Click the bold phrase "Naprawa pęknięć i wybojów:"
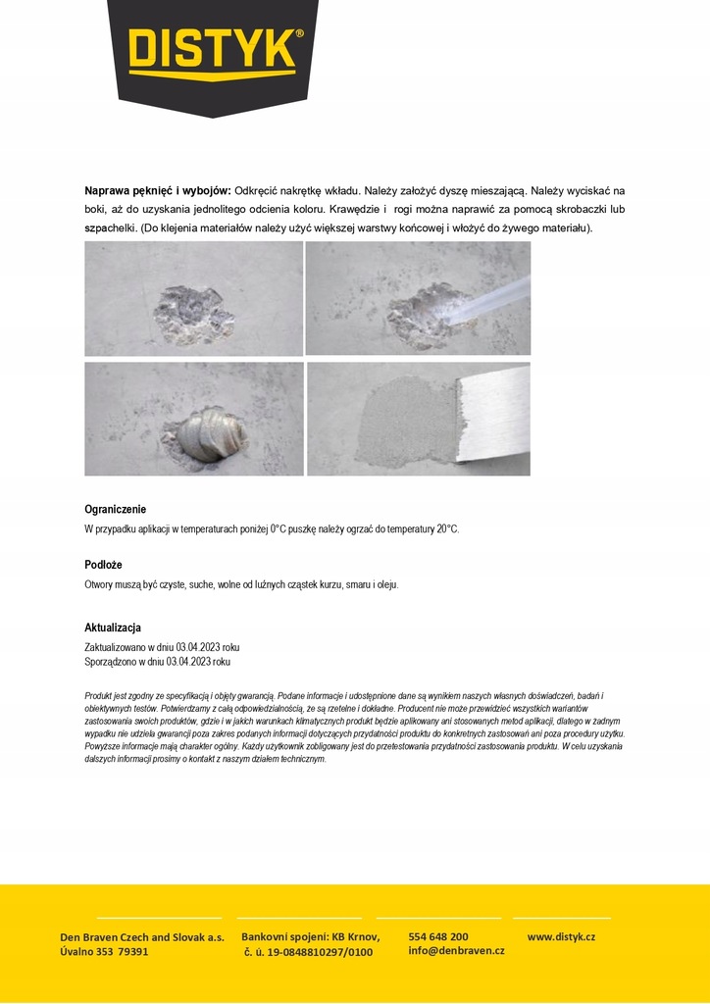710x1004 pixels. [x=158, y=190]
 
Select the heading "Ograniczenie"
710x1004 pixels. [x=116, y=509]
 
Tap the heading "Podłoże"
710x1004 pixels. [x=103, y=565]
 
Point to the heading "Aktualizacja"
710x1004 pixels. [x=113, y=627]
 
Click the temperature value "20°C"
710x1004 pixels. [x=447, y=529]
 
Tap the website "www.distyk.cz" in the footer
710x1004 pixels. [x=561, y=937]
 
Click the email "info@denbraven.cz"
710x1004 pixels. [x=456, y=951]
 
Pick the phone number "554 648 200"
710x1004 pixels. [x=438, y=937]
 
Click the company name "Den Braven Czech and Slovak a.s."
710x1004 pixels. [x=142, y=937]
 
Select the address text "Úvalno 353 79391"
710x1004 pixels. [x=105, y=952]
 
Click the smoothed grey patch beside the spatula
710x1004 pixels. [x=410, y=420]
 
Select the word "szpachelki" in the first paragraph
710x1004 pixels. [x=110, y=228]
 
